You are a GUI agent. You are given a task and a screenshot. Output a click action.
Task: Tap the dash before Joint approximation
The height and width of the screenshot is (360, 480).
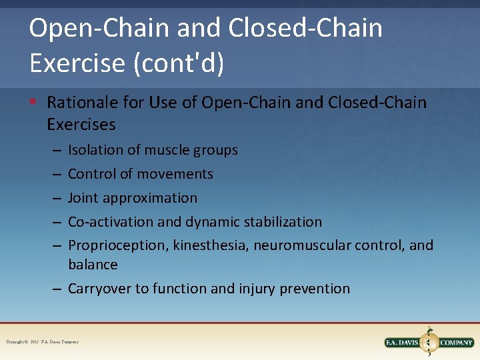tap(55, 198)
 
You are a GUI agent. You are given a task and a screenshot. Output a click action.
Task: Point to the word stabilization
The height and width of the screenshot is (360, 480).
tap(282, 222)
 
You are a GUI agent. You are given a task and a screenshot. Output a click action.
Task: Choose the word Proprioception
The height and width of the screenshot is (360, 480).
tap(117, 246)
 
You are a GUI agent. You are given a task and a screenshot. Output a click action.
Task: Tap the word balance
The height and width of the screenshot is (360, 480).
tap(93, 265)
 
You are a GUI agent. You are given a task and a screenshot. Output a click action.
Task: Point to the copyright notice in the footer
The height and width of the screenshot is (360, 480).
tap(43, 342)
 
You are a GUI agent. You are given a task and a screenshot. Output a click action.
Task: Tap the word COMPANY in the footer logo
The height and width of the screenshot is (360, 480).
tap(456, 343)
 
